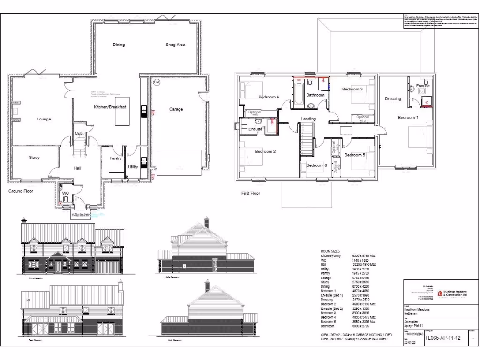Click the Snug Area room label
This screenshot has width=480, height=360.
pos(175,45)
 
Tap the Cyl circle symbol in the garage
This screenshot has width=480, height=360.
pos(157,82)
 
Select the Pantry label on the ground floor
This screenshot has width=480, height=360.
pos(115,158)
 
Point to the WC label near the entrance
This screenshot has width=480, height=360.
pos(66,193)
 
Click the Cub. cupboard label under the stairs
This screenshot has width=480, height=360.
pos(79,134)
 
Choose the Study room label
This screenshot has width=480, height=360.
pos(34,157)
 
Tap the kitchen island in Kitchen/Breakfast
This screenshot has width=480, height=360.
pos(121,115)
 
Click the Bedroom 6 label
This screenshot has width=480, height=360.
pos(316,165)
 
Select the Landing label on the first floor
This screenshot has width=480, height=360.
pos(308,119)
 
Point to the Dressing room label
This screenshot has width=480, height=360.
pos(393,99)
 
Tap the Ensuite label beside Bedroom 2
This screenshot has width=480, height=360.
pos(255,129)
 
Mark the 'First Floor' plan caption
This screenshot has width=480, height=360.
pos(251,193)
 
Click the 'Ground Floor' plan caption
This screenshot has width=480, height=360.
pos(21,191)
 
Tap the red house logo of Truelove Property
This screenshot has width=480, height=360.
pos(440,293)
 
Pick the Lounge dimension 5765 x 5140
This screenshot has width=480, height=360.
pos(361,278)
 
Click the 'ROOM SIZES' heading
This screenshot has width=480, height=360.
pos(330,251)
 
